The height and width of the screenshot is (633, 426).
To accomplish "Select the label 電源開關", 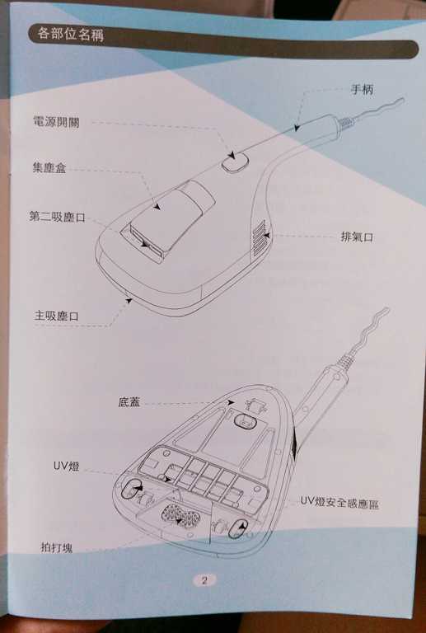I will (56, 121).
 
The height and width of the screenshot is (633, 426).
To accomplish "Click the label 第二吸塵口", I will (57, 218).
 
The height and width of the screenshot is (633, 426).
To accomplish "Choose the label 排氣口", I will (357, 237).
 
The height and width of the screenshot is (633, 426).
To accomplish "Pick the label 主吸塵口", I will (57, 316).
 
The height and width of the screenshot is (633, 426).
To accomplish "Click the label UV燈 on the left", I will (67, 466).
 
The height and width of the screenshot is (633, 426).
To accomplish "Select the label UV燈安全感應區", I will (339, 501).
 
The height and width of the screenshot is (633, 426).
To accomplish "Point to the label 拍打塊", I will (56, 546).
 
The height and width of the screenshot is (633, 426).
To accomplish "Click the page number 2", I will (204, 579).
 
